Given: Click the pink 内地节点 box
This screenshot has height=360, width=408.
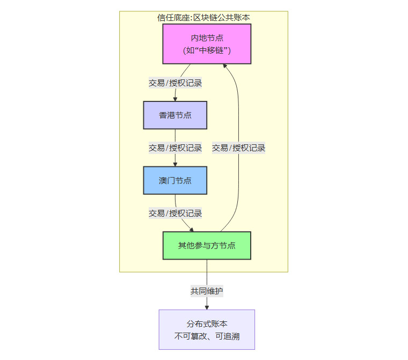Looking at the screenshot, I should pos(207,44).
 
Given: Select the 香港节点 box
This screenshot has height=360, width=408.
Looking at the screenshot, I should pos(175,115).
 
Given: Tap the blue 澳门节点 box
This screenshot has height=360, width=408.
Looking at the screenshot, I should pos(175,180).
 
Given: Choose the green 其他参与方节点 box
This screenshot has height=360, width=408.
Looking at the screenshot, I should pos(207,246).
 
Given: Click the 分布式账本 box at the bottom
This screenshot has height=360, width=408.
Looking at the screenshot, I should pos(207,330).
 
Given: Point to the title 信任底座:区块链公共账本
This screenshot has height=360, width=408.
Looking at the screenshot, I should pos(203,17).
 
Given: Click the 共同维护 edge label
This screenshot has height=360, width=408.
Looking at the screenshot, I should pos(207,291).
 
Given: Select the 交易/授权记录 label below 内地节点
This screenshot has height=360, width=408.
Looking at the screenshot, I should pos(175,83).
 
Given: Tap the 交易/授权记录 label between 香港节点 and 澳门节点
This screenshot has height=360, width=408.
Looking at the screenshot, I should pos(175,148).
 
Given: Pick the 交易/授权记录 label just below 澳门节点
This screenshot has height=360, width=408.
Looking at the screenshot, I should pos(175,213).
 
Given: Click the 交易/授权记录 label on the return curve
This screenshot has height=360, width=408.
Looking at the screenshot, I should pos(238,148).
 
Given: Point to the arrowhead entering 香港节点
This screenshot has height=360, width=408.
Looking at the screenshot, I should pos(175,99).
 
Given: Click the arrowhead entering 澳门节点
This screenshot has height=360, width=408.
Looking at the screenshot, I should pos(175,164).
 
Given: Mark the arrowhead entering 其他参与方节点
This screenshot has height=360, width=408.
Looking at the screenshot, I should pos(191,229).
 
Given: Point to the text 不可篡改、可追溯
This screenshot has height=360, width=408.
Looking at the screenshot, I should pos(207,336).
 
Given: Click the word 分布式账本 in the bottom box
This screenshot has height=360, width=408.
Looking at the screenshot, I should pos(207,324).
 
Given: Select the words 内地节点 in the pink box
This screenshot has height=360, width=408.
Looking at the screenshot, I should pos(207,38).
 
